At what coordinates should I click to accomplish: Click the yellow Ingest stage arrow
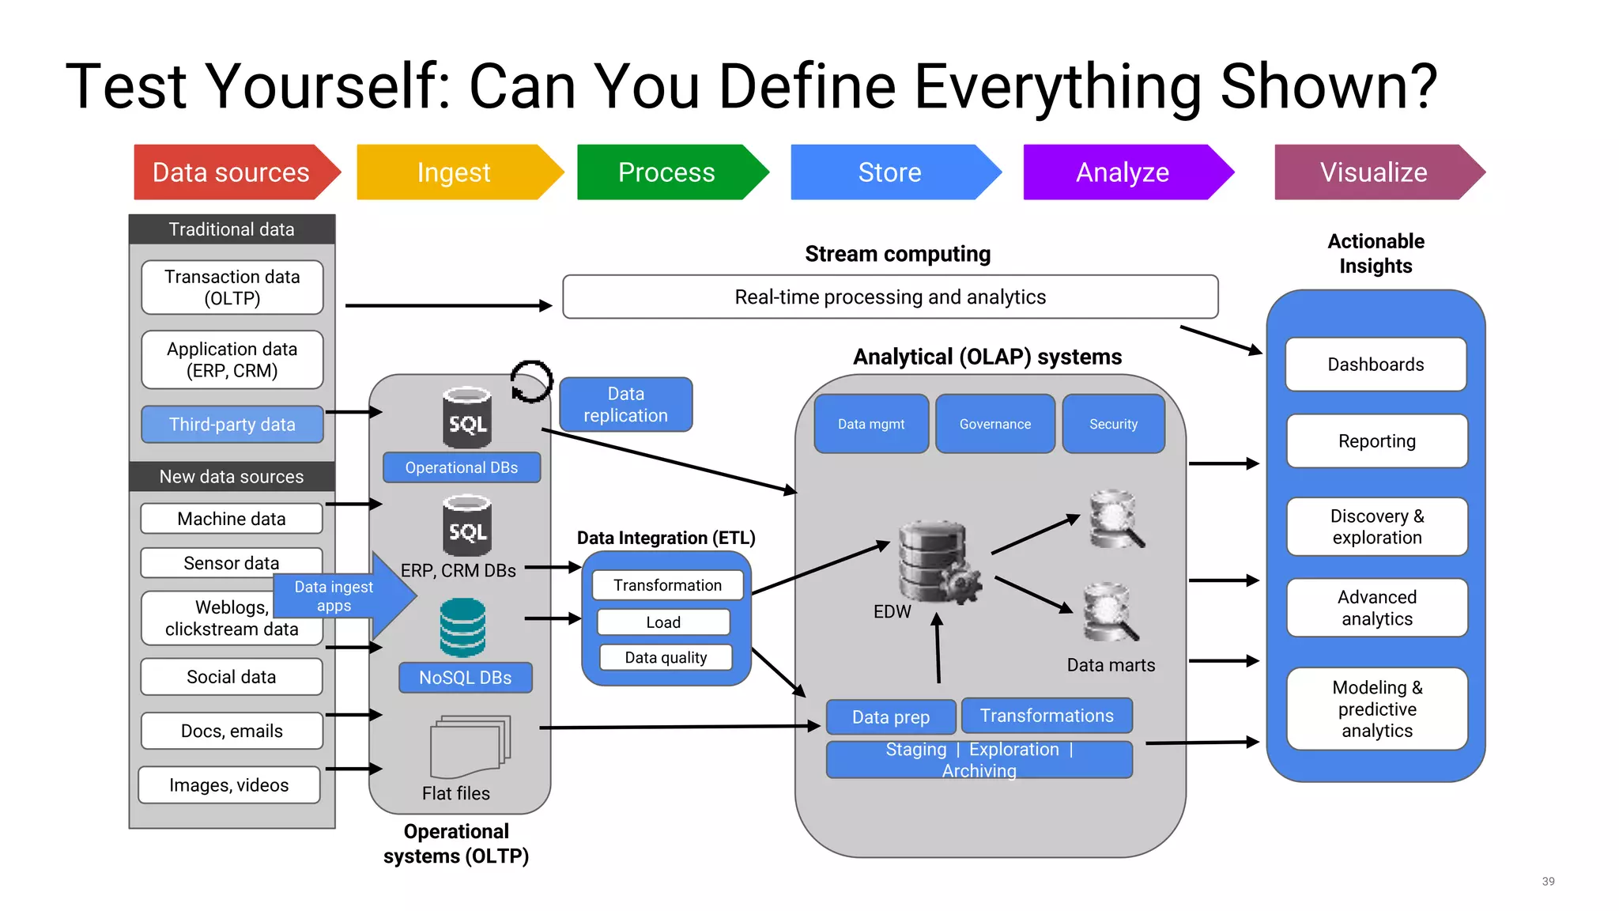pyautogui.click(x=455, y=172)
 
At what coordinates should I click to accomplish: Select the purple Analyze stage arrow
pyautogui.click(x=1123, y=172)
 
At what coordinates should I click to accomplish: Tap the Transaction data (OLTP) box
pyautogui.click(x=232, y=287)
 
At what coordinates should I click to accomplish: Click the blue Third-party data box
pyautogui.click(x=232, y=425)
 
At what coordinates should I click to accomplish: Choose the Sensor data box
pyautogui.click(x=231, y=562)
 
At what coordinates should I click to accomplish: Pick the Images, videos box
pyautogui.click(x=229, y=784)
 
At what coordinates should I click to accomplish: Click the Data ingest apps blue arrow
pyautogui.click(x=340, y=596)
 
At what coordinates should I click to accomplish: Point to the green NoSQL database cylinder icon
pyautogui.click(x=462, y=627)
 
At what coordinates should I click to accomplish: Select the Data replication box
pyautogui.click(x=625, y=404)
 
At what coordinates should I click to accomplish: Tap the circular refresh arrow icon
pyautogui.click(x=530, y=382)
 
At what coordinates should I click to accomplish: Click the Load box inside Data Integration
pyautogui.click(x=663, y=622)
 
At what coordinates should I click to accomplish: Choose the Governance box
pyautogui.click(x=994, y=424)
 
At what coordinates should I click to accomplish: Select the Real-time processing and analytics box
pyautogui.click(x=889, y=297)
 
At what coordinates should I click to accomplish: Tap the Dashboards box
pyautogui.click(x=1376, y=365)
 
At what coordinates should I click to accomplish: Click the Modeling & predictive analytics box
pyautogui.click(x=1376, y=709)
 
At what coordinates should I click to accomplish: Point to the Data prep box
pyautogui.click(x=891, y=716)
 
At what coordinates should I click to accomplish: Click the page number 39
pyautogui.click(x=1548, y=881)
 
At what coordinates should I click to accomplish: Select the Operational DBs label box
pyautogui.click(x=462, y=467)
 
